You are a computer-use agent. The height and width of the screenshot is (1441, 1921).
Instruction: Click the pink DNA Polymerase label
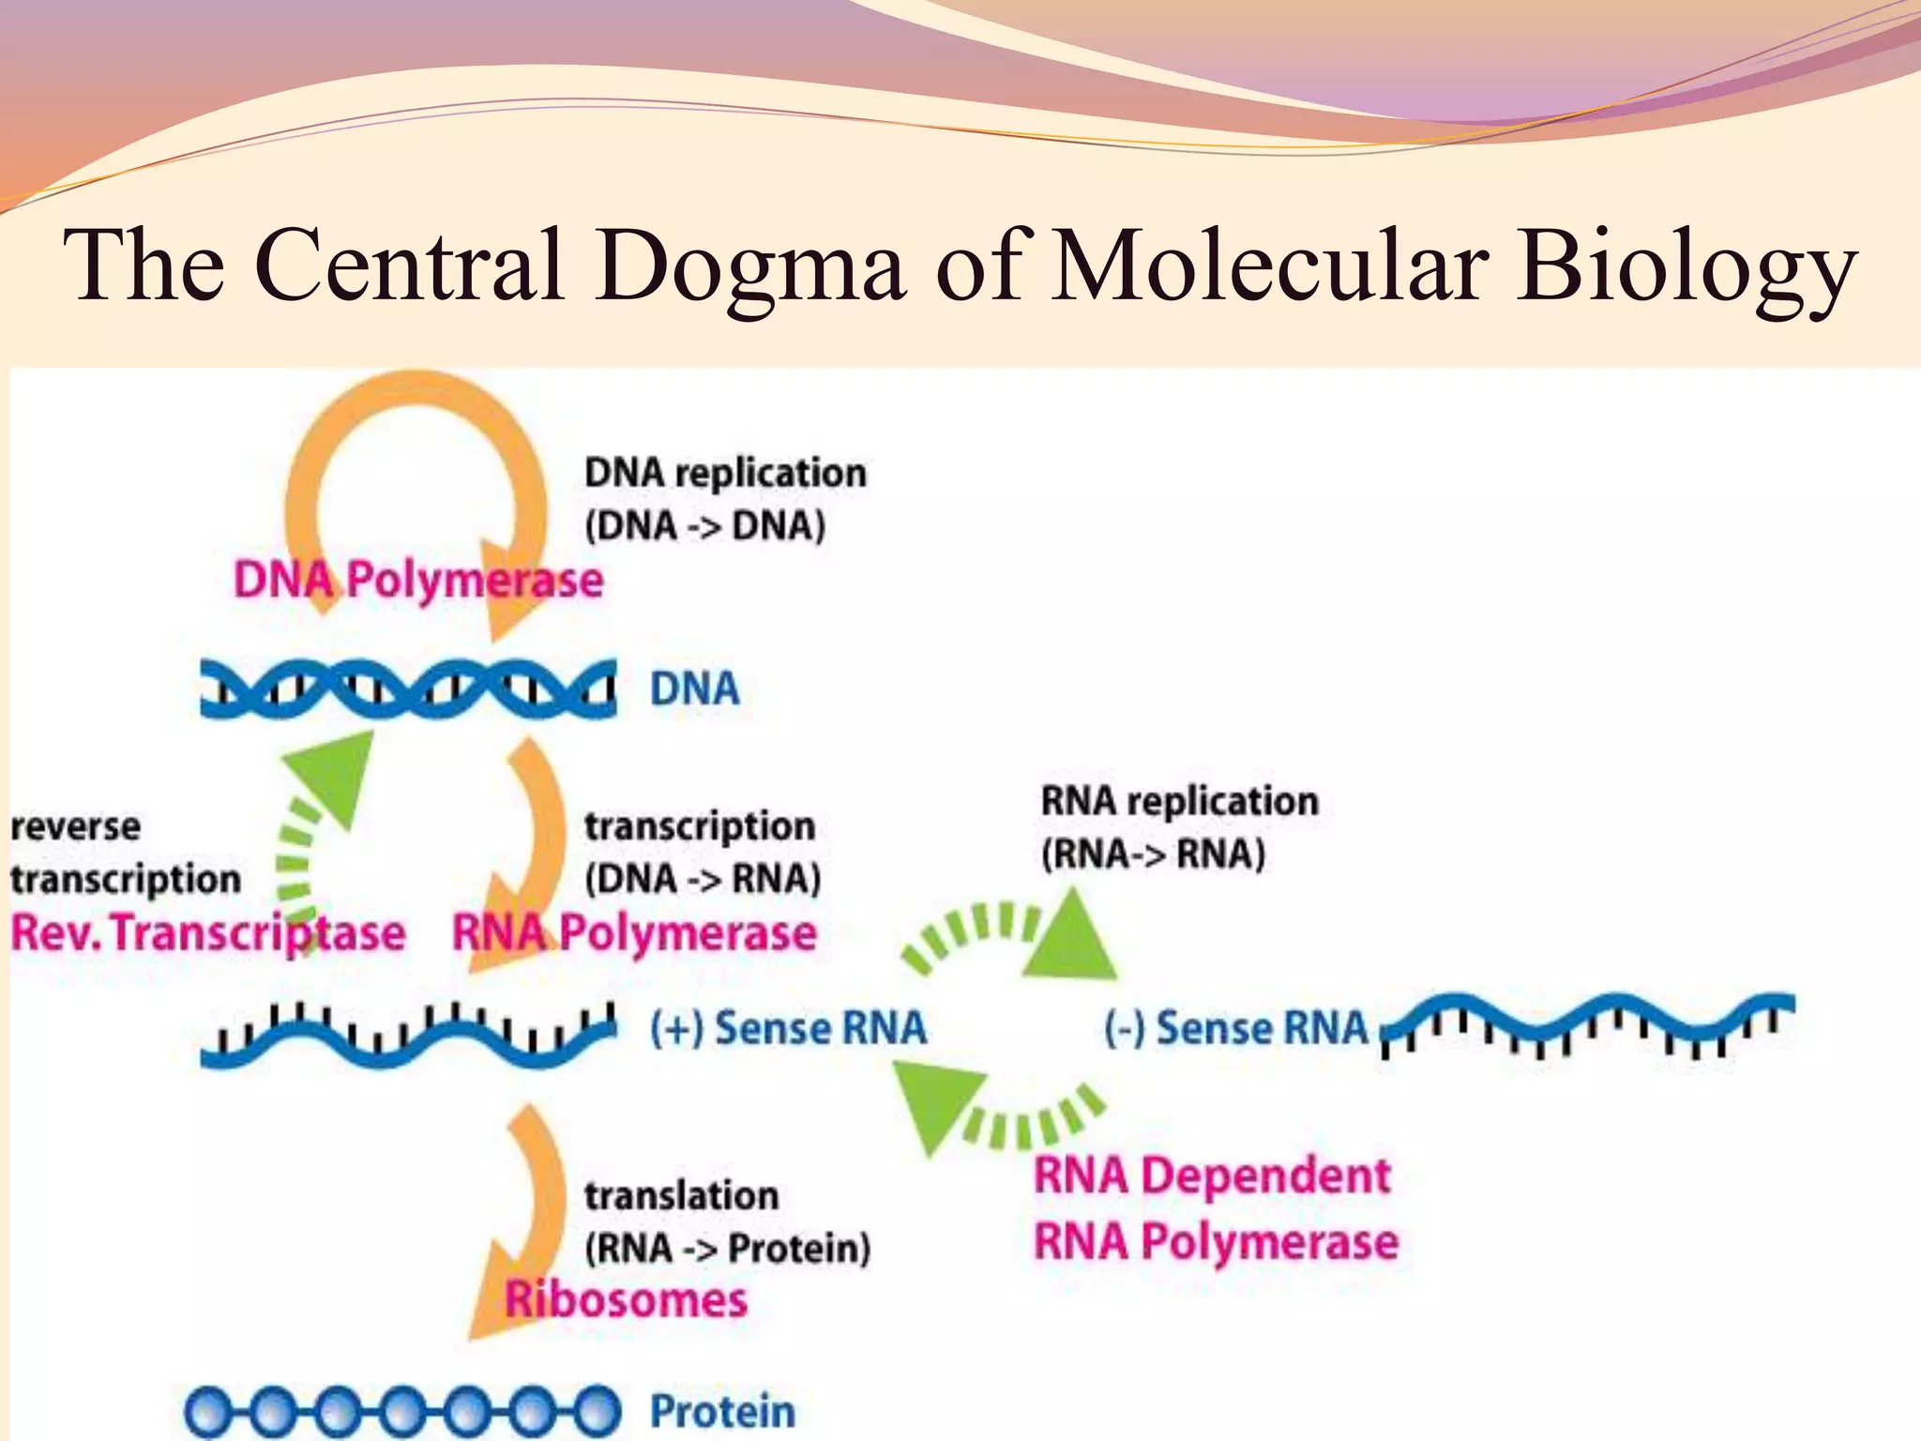pyautogui.click(x=418, y=580)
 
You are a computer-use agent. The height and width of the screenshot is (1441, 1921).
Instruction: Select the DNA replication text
pyautogui.click(x=725, y=473)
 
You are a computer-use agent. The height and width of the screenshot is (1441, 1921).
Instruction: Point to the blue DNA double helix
pyautogui.click(x=408, y=690)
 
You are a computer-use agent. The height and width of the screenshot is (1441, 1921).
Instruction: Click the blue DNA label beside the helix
pyautogui.click(x=694, y=690)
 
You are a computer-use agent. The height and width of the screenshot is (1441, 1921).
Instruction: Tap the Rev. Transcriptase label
pyautogui.click(x=208, y=933)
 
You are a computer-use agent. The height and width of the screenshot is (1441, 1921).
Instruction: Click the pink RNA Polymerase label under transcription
pyautogui.click(x=635, y=933)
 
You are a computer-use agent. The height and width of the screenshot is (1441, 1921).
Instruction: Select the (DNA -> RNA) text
pyautogui.click(x=703, y=879)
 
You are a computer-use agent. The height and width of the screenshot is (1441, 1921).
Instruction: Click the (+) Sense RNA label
pyautogui.click(x=788, y=1027)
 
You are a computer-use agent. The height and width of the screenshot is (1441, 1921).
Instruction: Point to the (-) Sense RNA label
pyautogui.click(x=1236, y=1027)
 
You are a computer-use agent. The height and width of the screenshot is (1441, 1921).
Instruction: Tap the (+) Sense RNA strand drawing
pyautogui.click(x=408, y=1037)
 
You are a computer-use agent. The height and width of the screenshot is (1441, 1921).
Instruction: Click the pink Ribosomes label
pyautogui.click(x=626, y=1300)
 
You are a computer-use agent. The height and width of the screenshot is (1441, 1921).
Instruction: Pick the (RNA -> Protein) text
pyautogui.click(x=728, y=1249)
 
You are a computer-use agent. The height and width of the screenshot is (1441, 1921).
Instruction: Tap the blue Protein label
pyautogui.click(x=722, y=1410)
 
